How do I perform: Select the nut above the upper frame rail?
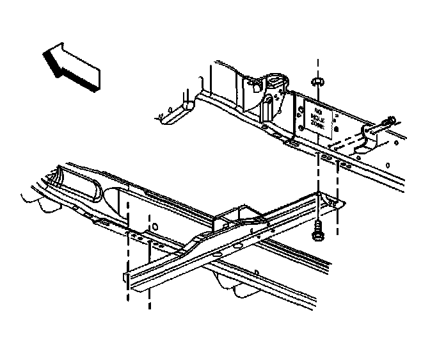[317, 82]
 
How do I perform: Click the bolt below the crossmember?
[317, 231]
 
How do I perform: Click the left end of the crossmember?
[126, 276]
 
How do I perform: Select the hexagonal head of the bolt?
[317, 236]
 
